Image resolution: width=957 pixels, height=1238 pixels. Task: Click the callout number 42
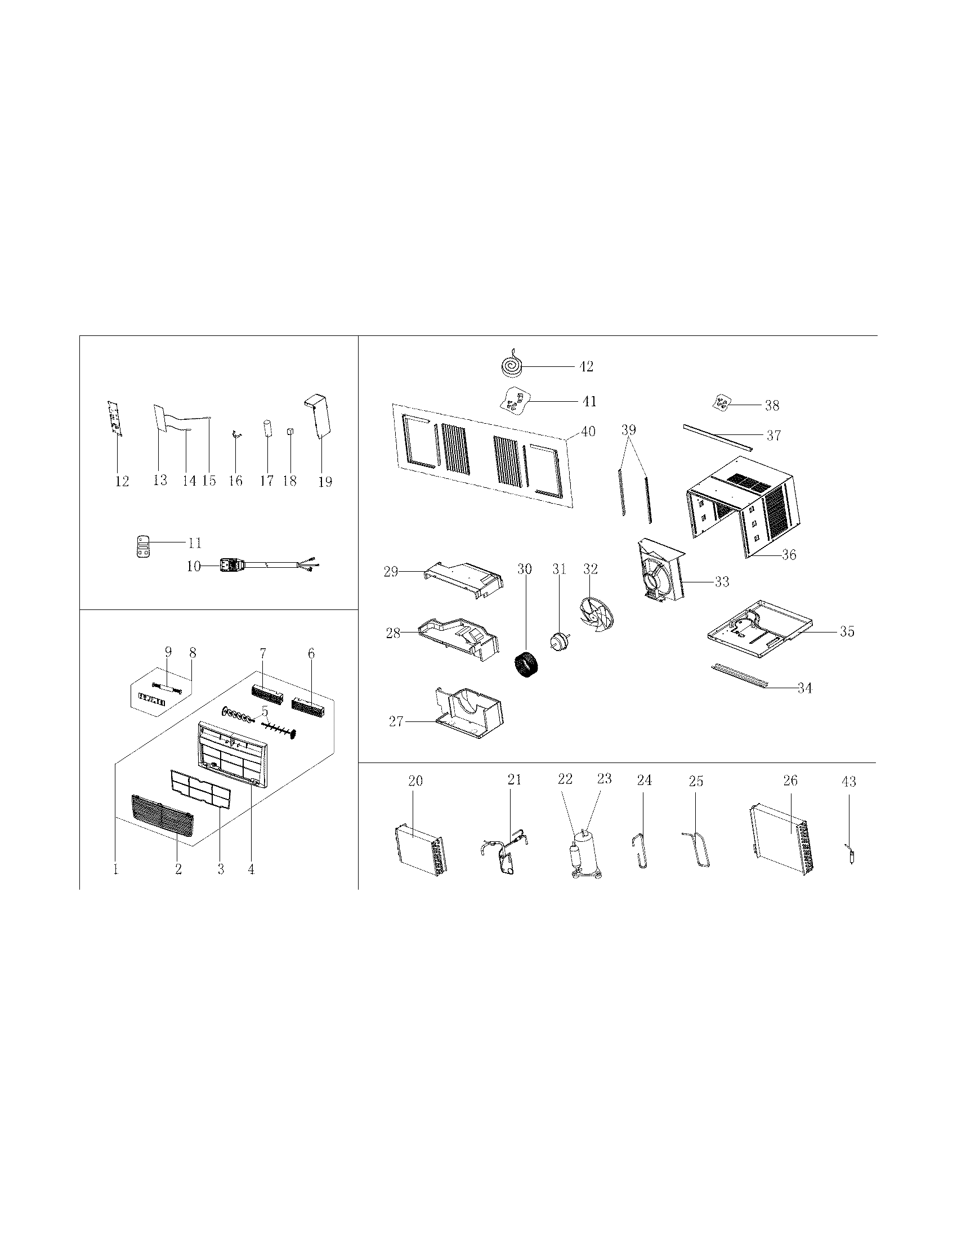pos(586,367)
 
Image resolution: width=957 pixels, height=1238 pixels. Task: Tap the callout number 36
pos(789,555)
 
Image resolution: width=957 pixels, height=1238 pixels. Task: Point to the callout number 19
pos(325,482)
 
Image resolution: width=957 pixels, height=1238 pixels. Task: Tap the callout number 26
pos(790,781)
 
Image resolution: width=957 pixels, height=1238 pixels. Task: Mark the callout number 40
pos(588,432)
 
